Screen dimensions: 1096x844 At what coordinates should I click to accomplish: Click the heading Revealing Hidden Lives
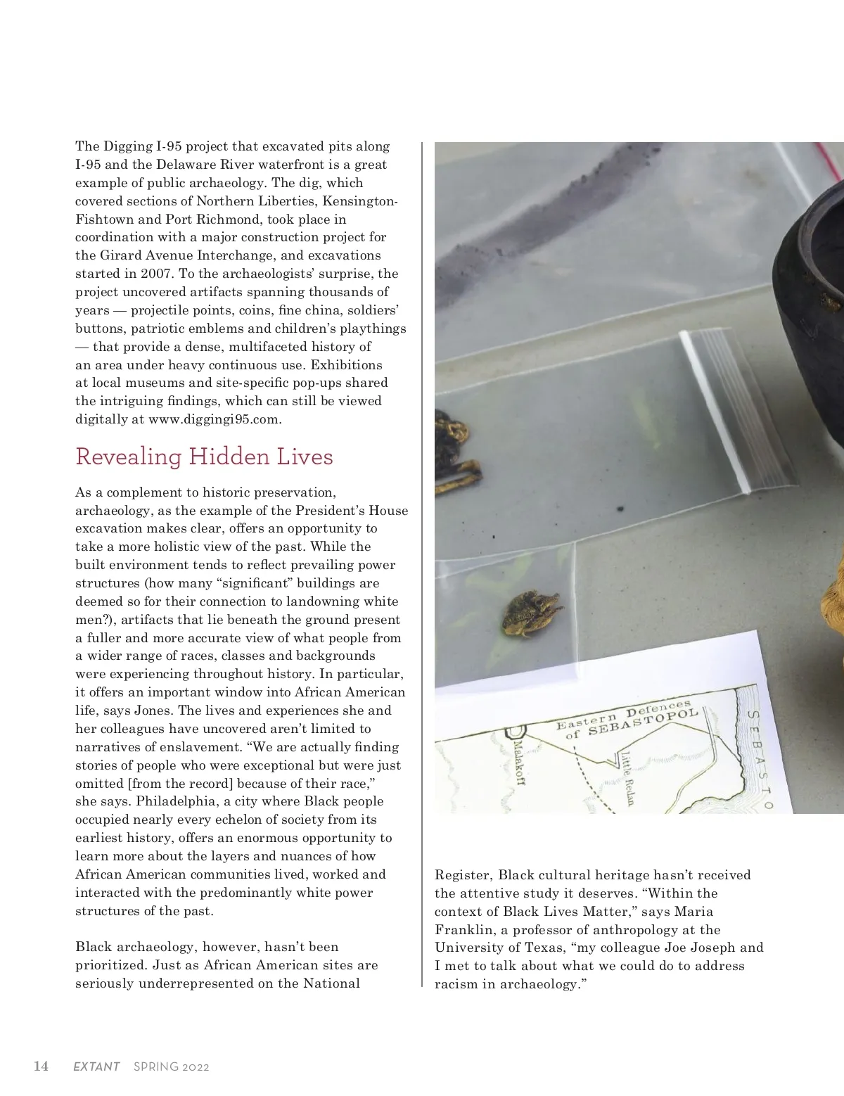click(x=204, y=457)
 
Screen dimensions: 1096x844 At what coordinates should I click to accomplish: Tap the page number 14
click(x=41, y=1066)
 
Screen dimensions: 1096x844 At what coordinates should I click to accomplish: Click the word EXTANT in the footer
click(x=96, y=1066)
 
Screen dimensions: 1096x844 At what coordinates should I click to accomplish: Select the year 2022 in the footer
click(x=196, y=1066)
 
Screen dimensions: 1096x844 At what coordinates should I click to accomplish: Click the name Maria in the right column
click(x=693, y=911)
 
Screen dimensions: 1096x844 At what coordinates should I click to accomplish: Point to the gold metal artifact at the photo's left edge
click(x=456, y=450)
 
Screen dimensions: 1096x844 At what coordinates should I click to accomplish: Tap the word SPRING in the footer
click(x=155, y=1066)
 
